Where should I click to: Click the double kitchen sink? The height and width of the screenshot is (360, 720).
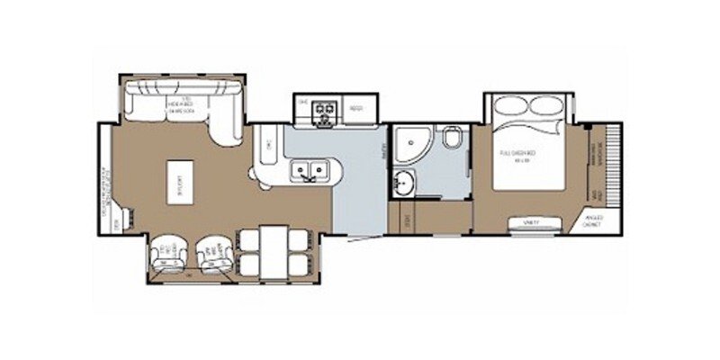click(x=308, y=168)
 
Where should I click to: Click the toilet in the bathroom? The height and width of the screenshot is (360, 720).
click(x=453, y=139)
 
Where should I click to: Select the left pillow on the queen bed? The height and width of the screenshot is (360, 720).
click(x=511, y=104)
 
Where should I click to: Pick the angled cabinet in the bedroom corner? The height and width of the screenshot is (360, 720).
click(x=591, y=220)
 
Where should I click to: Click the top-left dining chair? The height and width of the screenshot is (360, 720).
click(x=248, y=239)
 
